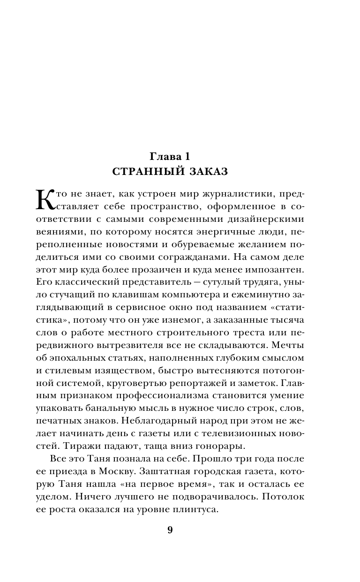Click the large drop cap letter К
point(46,199)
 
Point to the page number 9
point(170,530)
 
